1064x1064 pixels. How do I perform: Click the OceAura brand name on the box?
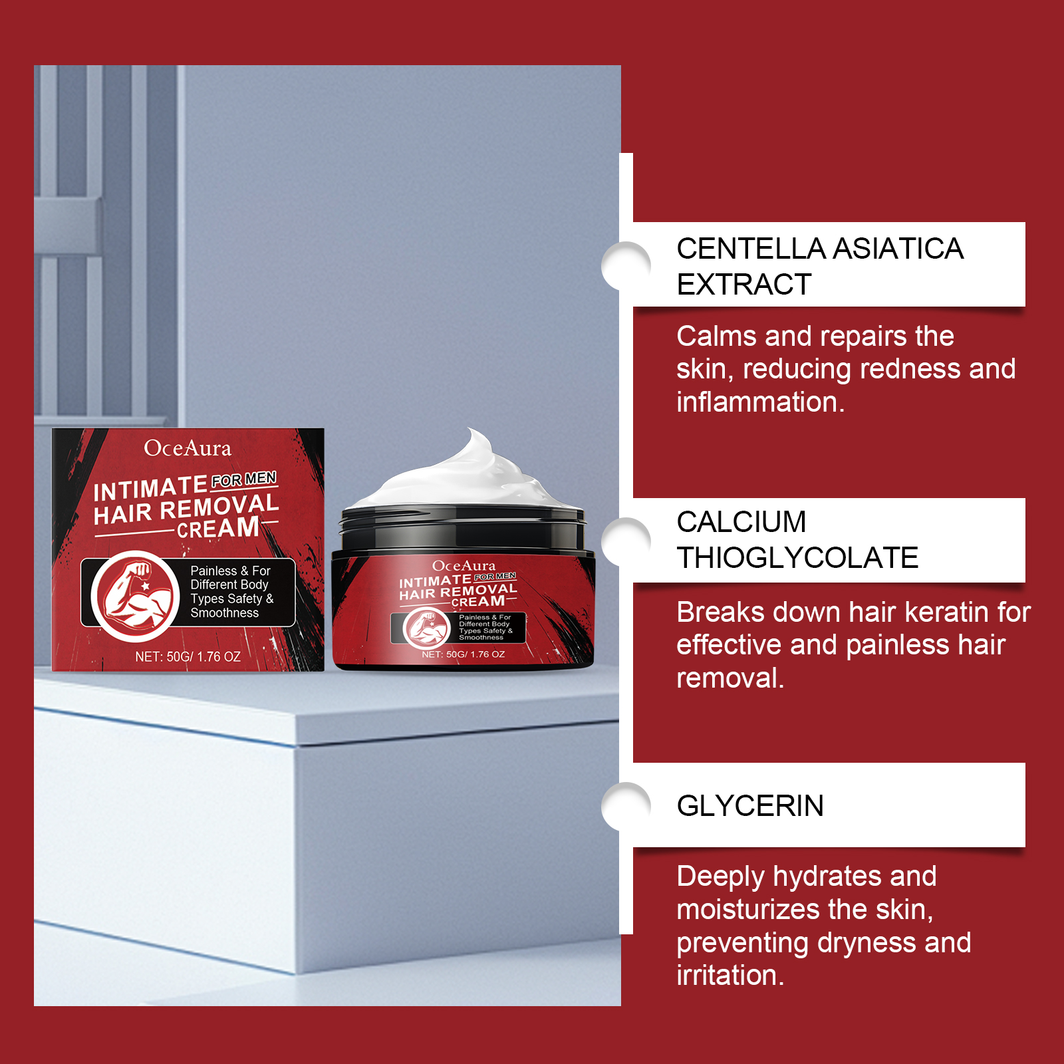click(x=188, y=448)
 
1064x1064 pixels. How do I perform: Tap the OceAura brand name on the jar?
click(x=464, y=566)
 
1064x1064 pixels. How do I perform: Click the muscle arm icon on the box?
click(x=135, y=596)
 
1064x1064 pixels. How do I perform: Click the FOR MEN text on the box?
click(x=244, y=479)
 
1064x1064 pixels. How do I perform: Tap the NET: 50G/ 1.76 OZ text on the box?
click(x=188, y=656)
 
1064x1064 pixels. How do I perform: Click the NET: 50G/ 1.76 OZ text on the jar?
click(x=463, y=654)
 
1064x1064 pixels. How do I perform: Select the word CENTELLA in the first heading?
click(x=751, y=249)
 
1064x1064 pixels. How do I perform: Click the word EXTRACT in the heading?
click(x=743, y=285)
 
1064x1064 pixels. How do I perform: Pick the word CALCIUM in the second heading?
click(x=741, y=522)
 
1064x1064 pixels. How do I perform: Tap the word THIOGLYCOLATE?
click(x=797, y=558)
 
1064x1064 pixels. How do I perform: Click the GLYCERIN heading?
click(x=750, y=806)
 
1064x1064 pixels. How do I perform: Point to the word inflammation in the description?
click(x=760, y=402)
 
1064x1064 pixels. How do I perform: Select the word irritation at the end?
click(x=730, y=976)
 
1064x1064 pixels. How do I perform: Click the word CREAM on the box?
click(x=218, y=528)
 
